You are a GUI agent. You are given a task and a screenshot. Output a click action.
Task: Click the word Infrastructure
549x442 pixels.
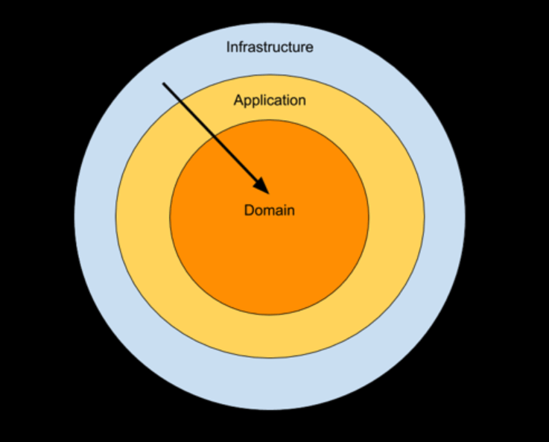(x=270, y=47)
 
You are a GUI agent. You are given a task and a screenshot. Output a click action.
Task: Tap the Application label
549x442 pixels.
(x=270, y=100)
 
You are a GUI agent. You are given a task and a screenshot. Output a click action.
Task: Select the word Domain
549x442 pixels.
(x=270, y=210)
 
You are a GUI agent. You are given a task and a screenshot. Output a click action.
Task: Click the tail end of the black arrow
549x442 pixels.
(x=164, y=83)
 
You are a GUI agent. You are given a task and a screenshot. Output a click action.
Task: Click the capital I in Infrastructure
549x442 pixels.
(x=228, y=47)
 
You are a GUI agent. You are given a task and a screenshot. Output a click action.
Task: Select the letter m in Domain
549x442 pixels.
(x=270, y=210)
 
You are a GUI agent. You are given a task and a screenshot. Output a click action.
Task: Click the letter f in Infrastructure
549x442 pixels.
(x=241, y=47)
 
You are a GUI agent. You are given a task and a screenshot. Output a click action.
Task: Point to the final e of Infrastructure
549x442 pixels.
(x=309, y=48)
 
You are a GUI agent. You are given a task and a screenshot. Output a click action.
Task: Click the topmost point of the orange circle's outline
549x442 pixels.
(x=269, y=119)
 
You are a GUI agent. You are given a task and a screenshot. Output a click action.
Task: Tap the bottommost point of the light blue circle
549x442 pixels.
(x=270, y=410)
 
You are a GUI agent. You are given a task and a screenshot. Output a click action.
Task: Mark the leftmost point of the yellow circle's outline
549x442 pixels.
(x=115, y=215)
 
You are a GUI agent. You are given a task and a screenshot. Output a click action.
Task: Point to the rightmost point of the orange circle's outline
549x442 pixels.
(x=369, y=217)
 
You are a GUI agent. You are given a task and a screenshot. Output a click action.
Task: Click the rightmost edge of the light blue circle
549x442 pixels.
(x=466, y=215)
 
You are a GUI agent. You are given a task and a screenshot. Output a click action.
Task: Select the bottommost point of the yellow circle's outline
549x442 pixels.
(x=270, y=358)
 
